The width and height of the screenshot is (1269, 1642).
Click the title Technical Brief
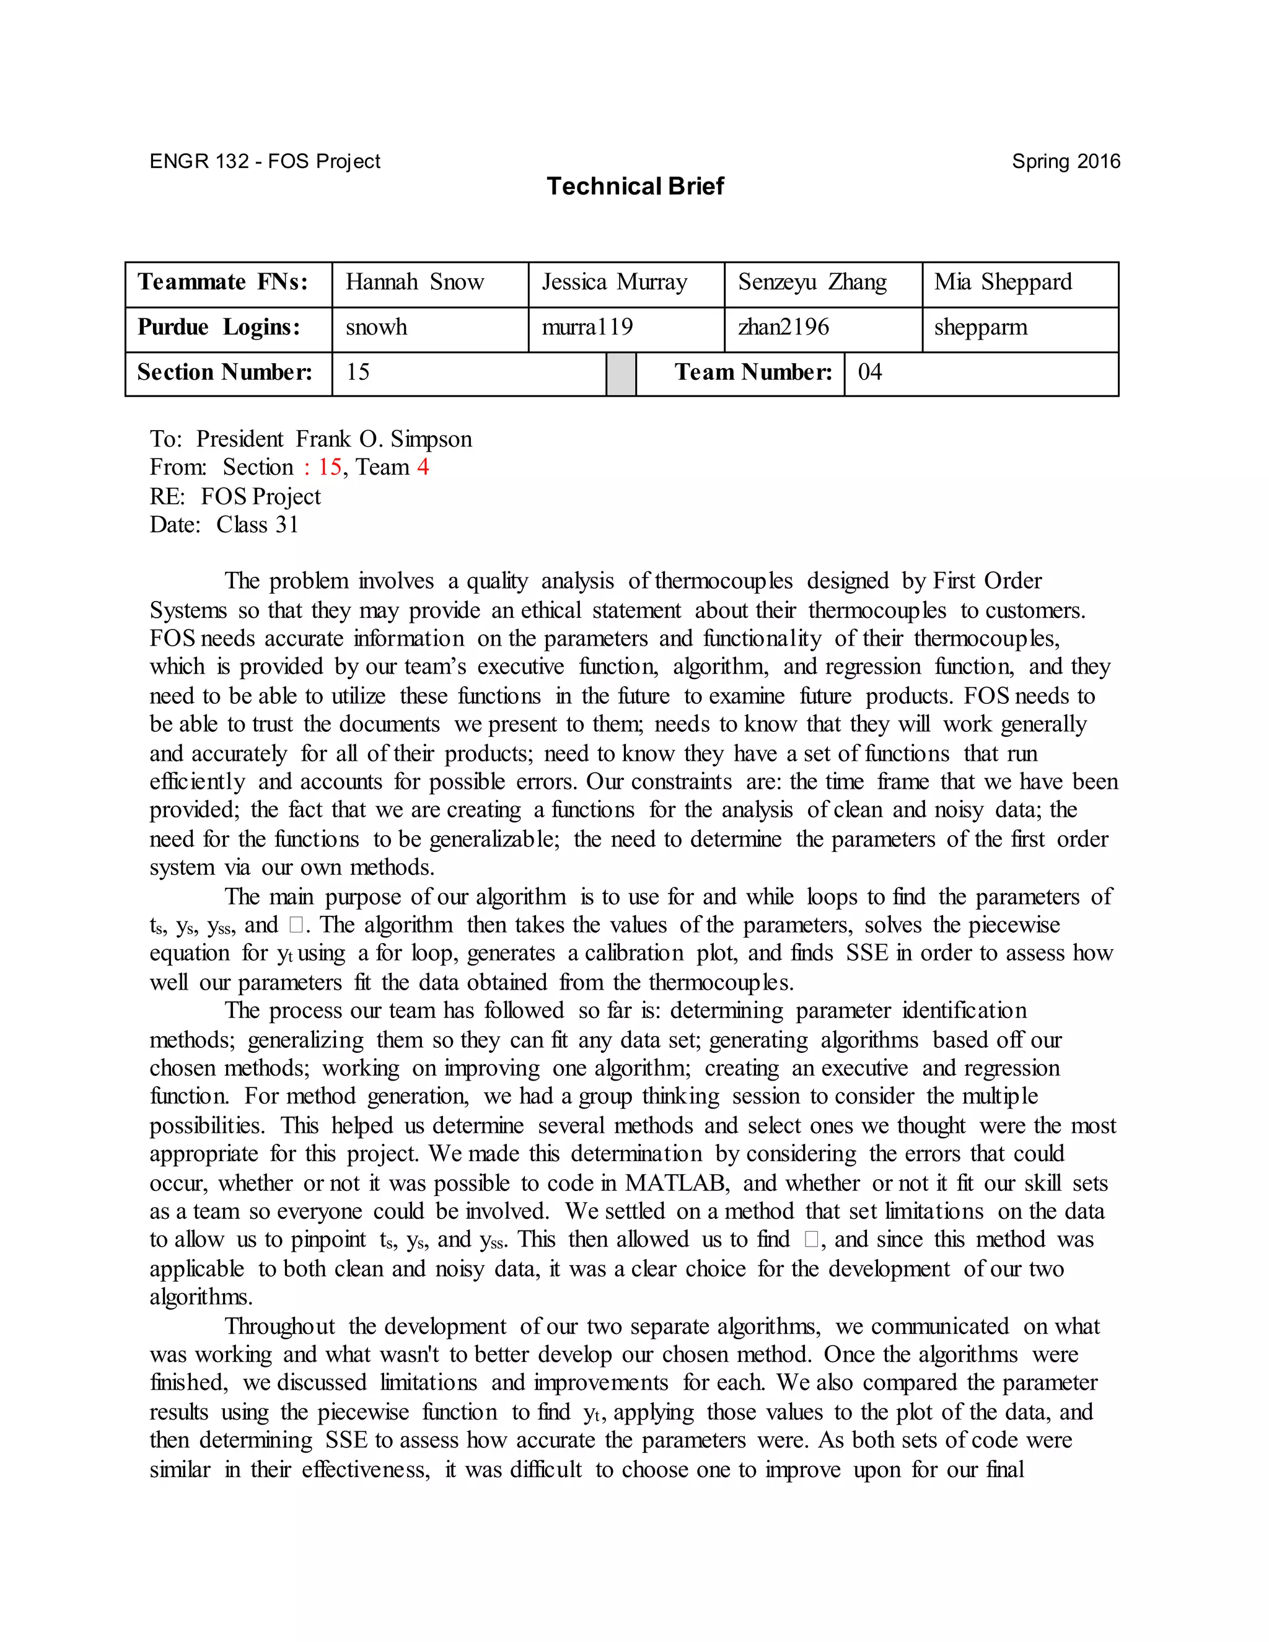[x=634, y=186]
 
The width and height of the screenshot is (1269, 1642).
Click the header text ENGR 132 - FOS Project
[x=265, y=162]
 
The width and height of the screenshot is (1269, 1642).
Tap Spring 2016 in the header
[x=1065, y=162]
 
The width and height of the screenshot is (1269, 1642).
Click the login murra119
[x=587, y=328]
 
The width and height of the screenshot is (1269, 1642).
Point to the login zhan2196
[x=783, y=328]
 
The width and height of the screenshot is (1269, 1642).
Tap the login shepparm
[x=980, y=328]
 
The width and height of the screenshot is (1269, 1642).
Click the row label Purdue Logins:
[x=219, y=328]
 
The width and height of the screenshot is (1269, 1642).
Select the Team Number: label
[x=753, y=373]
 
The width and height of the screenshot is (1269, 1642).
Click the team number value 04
[x=870, y=373]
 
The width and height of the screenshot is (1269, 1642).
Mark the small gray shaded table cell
[x=621, y=374]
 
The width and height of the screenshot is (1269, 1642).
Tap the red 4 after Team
[x=423, y=468]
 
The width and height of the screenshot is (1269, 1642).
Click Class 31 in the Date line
[x=257, y=525]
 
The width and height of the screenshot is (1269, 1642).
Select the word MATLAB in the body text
[x=676, y=1183]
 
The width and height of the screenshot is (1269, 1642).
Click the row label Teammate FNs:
[x=222, y=283]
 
